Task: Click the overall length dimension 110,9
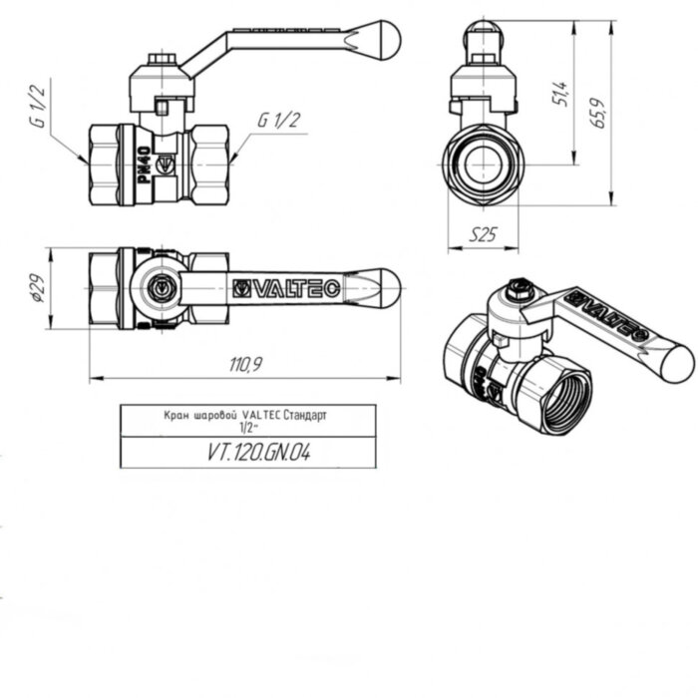(244, 365)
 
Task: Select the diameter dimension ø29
(37, 289)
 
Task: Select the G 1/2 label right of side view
(279, 120)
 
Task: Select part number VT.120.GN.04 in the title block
(259, 451)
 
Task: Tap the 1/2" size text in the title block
(248, 426)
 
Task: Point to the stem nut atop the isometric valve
(517, 291)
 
